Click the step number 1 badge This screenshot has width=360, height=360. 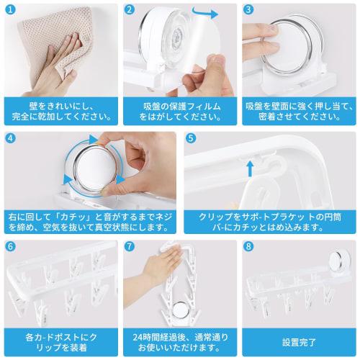tap(10, 11)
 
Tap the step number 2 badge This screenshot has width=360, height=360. tap(130, 11)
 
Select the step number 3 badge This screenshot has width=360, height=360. tap(248, 11)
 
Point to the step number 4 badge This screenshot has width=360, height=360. tap(10, 138)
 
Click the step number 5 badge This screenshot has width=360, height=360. tap(190, 138)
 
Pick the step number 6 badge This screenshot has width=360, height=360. tap(10, 246)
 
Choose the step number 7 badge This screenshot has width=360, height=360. tap(130, 246)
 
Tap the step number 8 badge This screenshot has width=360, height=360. tap(248, 246)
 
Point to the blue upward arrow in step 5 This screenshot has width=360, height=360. tap(250, 168)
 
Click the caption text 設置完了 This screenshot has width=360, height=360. tap(299, 339)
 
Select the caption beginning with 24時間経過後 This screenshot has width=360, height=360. tap(179, 339)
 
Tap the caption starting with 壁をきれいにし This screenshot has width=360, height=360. tap(59, 109)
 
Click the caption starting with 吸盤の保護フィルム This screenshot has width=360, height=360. tap(179, 109)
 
